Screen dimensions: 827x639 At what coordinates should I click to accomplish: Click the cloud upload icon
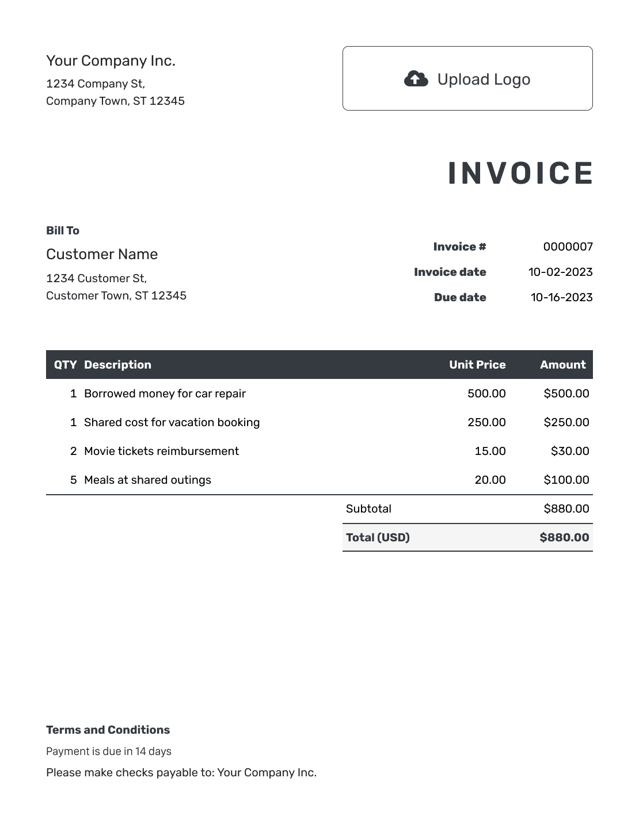[x=416, y=79]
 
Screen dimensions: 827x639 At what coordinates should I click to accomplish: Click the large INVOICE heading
[x=520, y=173]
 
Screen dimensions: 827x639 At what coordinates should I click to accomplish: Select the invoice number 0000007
[x=568, y=246]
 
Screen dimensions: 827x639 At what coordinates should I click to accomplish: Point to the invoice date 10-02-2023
[x=560, y=272]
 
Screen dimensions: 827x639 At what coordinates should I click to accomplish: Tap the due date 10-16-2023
[x=561, y=297]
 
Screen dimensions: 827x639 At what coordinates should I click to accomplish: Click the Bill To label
[x=63, y=230]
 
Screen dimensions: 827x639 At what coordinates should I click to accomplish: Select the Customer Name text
[x=102, y=254]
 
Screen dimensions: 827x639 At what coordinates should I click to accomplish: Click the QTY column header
[x=65, y=365]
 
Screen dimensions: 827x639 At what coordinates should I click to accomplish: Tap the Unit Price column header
[x=477, y=365]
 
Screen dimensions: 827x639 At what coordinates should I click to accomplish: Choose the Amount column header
[x=562, y=365]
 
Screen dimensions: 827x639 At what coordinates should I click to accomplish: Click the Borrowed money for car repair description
[x=165, y=393]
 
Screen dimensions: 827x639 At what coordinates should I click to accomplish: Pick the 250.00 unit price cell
[x=486, y=422]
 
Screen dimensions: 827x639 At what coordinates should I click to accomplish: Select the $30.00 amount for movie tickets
[x=569, y=451]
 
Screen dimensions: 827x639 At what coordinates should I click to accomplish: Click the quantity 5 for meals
[x=73, y=480]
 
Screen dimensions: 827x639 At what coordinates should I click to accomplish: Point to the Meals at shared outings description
[x=147, y=480]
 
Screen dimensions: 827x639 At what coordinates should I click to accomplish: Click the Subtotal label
[x=368, y=509]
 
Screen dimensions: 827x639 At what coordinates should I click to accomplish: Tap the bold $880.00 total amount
[x=564, y=537]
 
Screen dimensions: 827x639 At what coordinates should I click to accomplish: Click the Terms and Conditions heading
[x=108, y=730]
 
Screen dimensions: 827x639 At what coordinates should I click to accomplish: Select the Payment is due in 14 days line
[x=109, y=751]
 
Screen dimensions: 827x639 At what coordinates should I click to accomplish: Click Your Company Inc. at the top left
[x=111, y=60]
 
